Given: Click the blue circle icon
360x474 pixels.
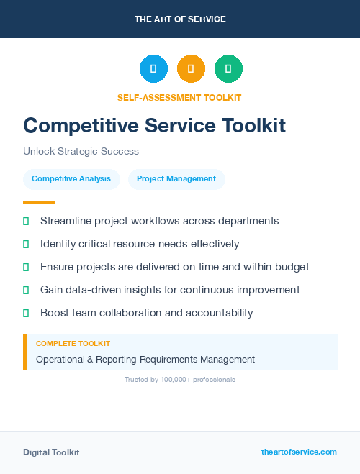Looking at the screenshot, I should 153,69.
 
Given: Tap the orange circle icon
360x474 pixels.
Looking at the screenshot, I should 191,69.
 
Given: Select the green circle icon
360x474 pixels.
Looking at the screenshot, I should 228,69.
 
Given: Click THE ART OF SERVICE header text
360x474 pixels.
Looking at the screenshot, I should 180,19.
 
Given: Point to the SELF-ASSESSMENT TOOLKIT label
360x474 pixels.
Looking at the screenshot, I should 179,97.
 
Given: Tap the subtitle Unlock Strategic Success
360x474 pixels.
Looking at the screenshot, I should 81,152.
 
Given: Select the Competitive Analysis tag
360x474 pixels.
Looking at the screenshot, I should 71,179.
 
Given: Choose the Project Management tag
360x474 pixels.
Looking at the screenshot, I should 176,179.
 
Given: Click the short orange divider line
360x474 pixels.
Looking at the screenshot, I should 39,202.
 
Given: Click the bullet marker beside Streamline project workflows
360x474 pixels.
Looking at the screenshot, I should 26,221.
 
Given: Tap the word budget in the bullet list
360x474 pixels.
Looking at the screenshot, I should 292,267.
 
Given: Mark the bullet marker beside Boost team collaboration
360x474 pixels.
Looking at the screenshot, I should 26,313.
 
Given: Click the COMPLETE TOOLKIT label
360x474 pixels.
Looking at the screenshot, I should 73,344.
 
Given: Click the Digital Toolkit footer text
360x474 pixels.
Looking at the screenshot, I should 51,452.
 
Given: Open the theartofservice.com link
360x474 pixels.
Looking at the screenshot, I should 299,452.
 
